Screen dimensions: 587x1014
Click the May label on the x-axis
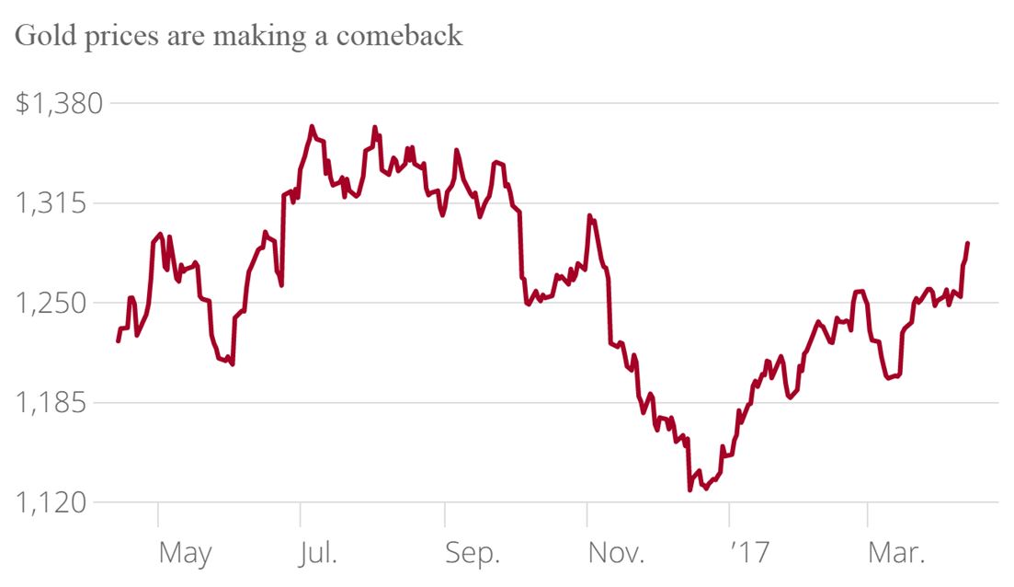185,554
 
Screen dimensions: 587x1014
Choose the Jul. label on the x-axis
318,553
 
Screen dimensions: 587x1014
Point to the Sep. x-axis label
473,553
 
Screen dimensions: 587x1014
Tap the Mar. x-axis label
897,553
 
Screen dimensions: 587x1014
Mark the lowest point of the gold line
689,489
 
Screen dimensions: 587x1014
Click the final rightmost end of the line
968,243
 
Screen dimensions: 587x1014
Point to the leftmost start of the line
118,341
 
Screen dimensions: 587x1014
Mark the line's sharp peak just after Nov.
588,217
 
